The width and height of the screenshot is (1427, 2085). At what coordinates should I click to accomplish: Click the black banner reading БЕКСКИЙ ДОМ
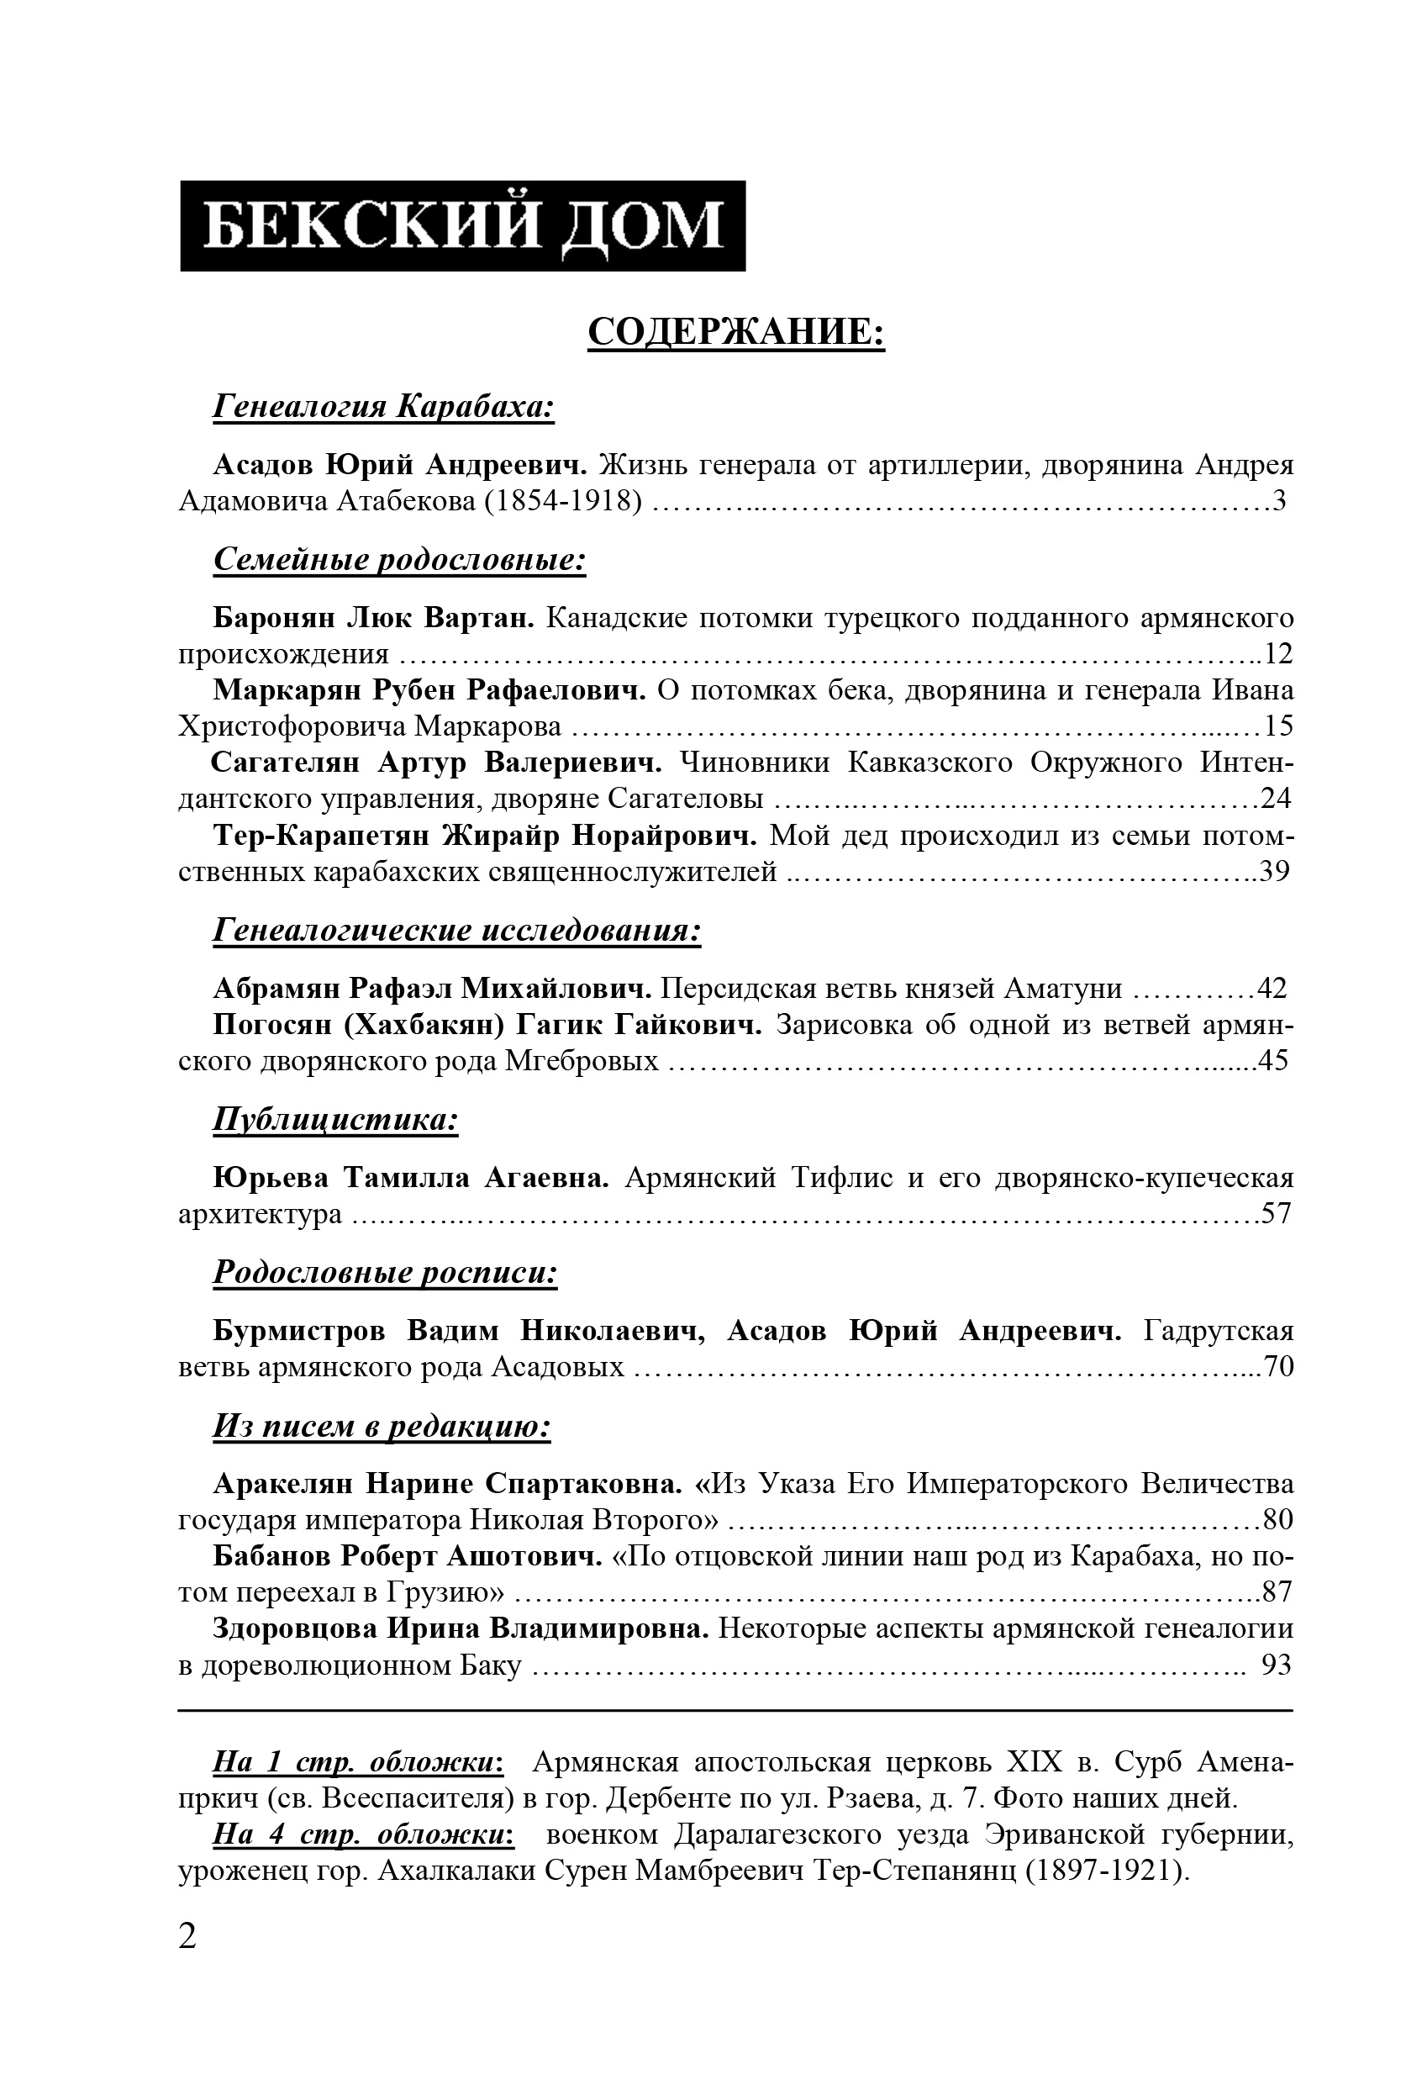pos(462,225)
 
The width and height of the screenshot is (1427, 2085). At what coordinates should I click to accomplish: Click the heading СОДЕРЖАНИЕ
pos(735,332)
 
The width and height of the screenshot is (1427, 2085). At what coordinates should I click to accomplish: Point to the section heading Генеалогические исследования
pos(456,931)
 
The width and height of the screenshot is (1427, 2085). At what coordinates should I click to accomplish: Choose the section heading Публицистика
pos(335,1120)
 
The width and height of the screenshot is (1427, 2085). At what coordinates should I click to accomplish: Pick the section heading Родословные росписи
pos(385,1272)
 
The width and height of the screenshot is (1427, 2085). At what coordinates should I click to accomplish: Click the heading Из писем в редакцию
pos(382,1426)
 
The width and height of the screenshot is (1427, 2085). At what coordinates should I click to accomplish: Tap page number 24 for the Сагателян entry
pos(1276,799)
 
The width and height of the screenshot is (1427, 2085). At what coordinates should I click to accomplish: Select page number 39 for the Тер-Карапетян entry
pos(1273,871)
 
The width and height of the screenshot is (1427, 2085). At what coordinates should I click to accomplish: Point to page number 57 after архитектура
pos(1276,1214)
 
